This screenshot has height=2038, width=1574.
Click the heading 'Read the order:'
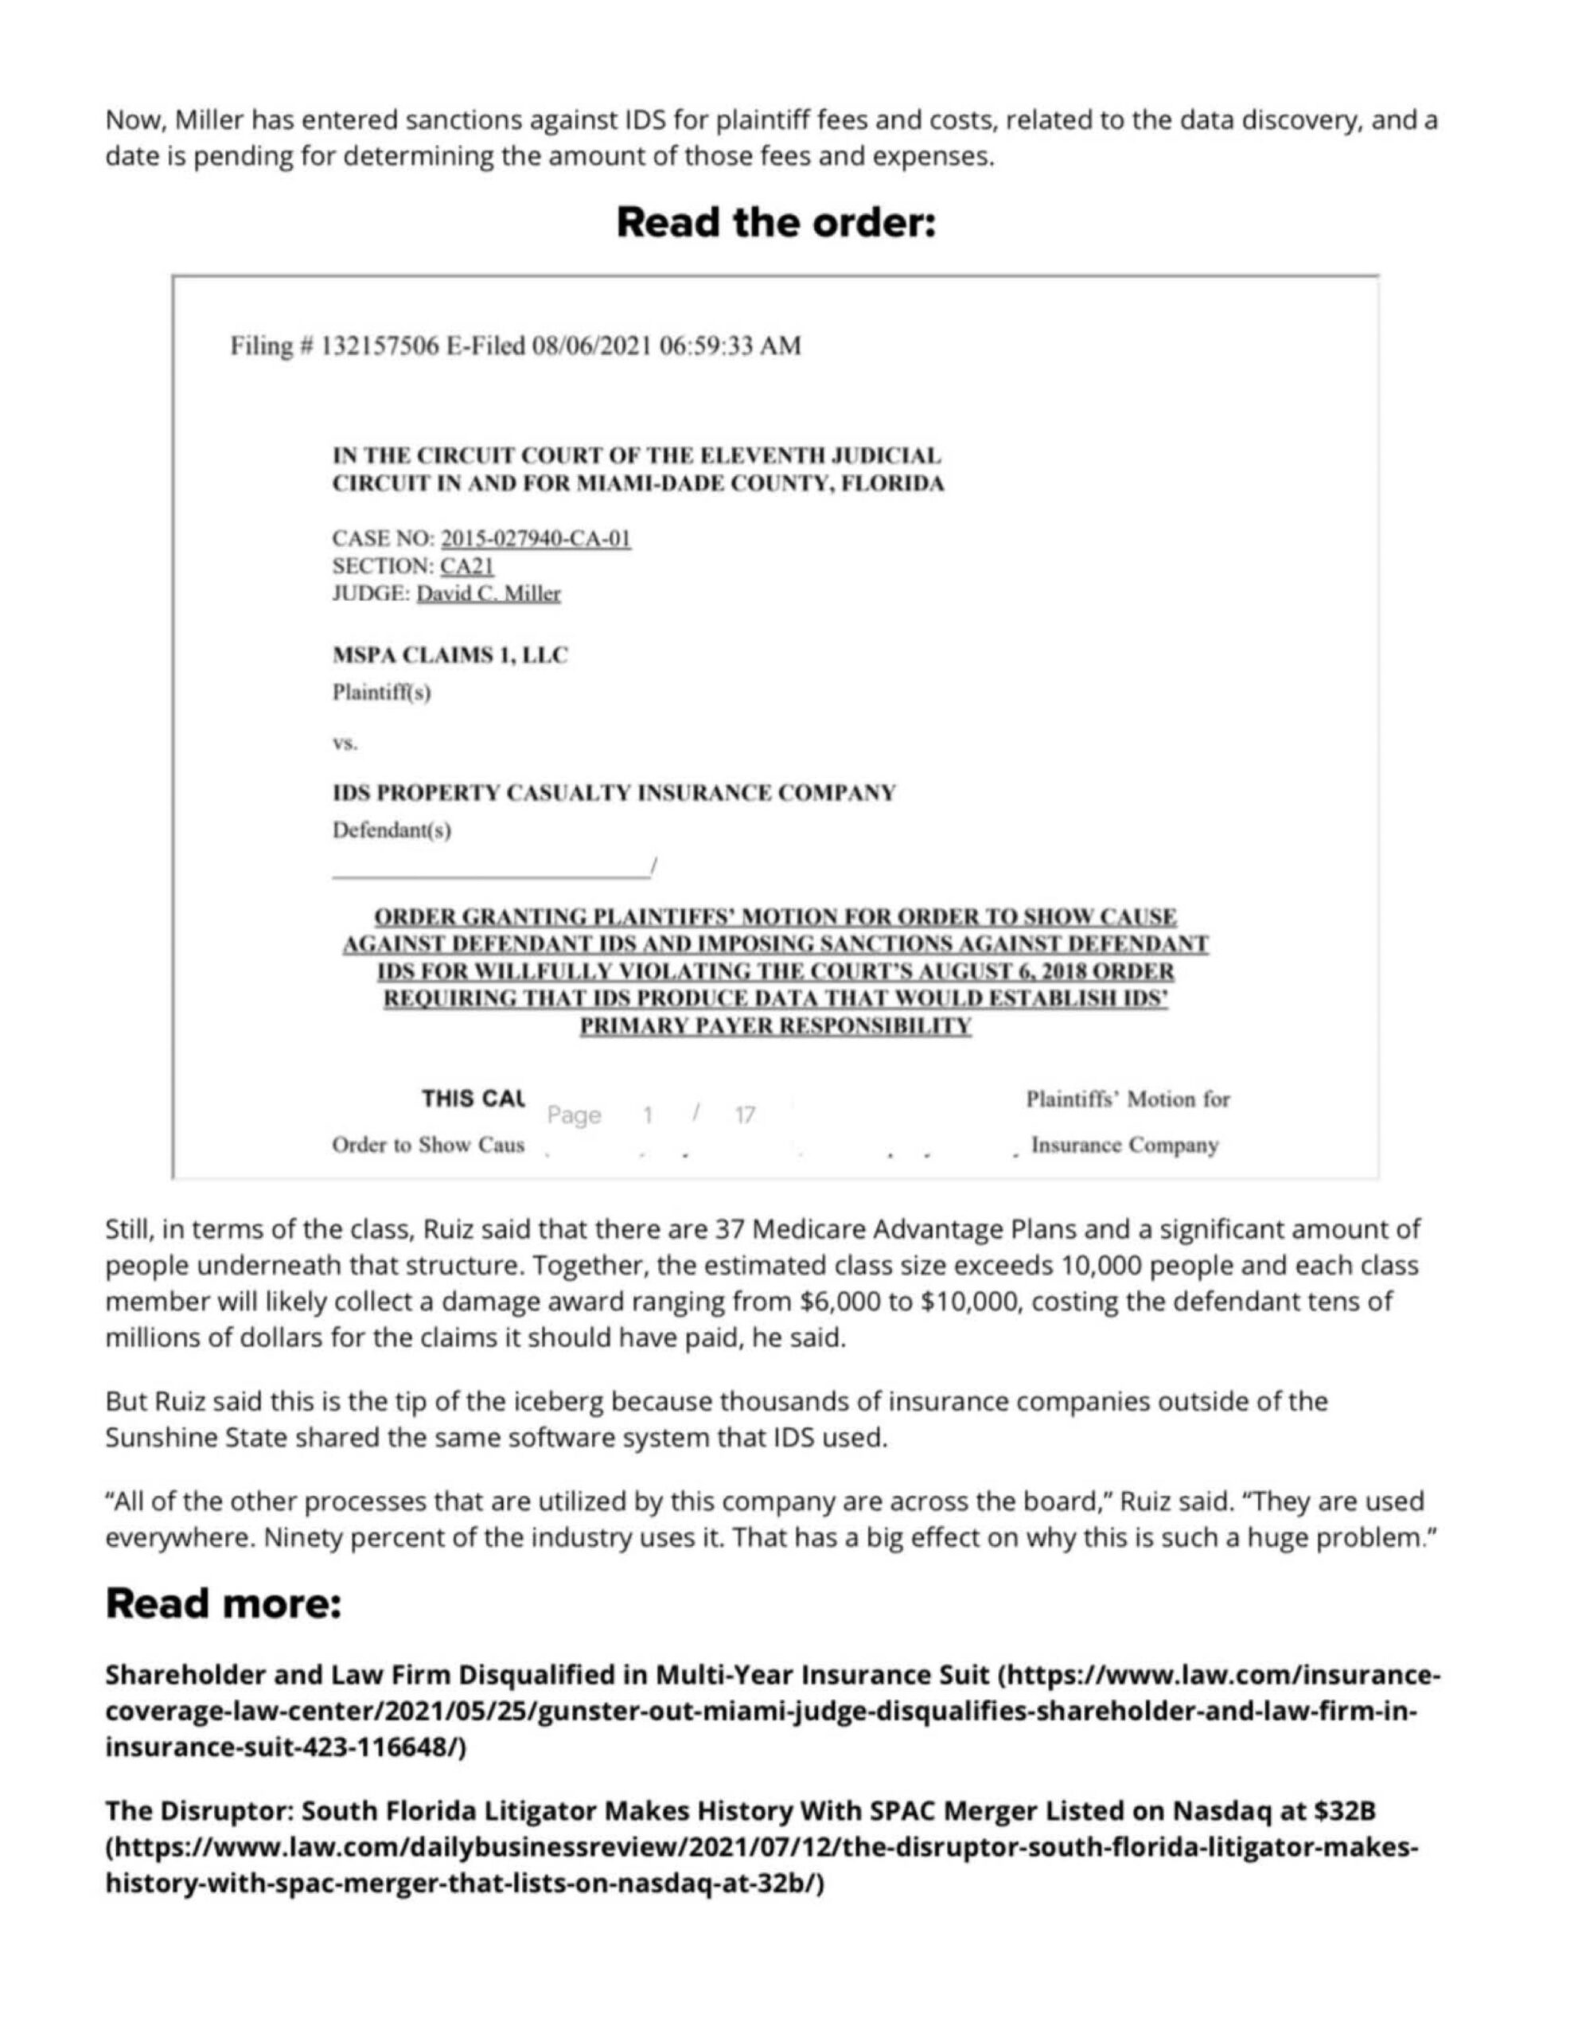[x=775, y=223]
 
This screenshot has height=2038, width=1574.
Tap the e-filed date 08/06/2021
[x=590, y=346]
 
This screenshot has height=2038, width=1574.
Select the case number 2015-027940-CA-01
[x=536, y=538]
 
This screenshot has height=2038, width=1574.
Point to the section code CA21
[x=466, y=565]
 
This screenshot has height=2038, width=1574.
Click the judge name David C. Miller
[x=488, y=593]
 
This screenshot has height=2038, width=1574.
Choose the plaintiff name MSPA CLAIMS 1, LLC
[x=450, y=655]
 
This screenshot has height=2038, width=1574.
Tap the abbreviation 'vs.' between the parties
[x=345, y=744]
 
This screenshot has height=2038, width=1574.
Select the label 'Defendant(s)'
[x=392, y=830]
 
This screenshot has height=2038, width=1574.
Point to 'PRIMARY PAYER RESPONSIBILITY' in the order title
[x=775, y=1026]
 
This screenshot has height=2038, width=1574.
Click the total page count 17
[x=745, y=1115]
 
